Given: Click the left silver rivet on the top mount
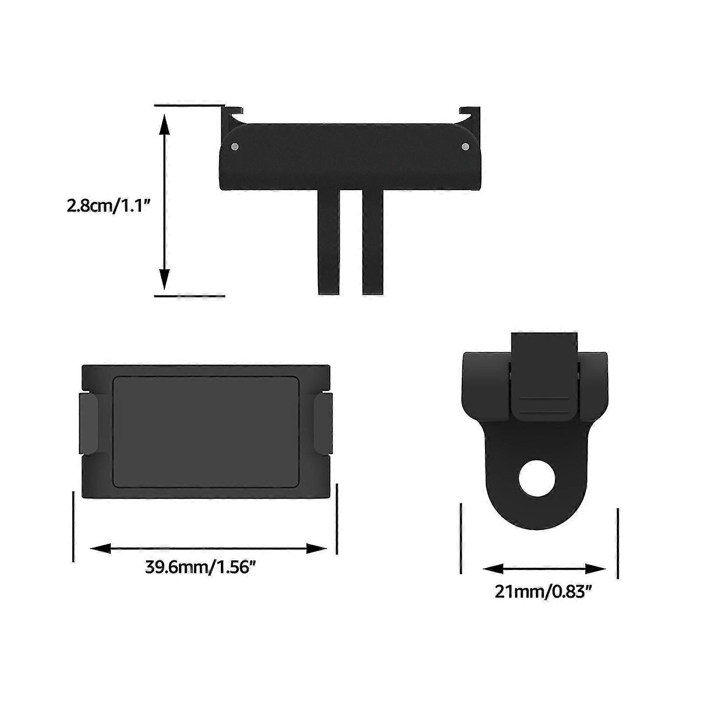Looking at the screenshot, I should point(235,146).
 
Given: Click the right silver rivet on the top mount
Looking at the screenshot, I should point(465,146).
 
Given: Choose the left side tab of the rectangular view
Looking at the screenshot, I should point(89,423).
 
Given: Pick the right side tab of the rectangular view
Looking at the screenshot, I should point(323,423).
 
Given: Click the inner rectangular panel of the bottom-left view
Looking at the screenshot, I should point(206,431).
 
